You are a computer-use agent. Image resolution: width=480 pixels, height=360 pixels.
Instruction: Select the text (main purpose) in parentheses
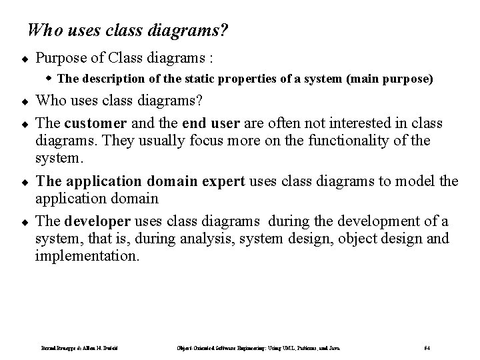[x=389, y=79]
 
